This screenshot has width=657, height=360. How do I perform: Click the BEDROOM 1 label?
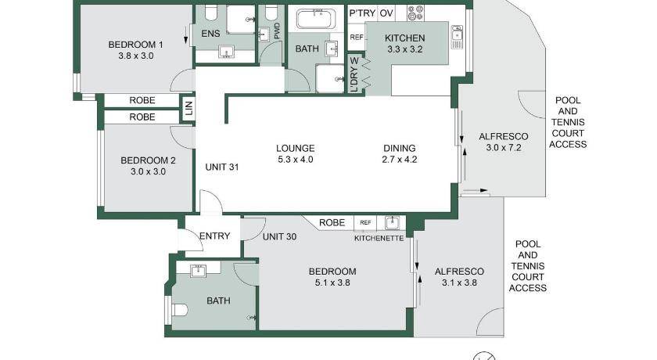point(135,45)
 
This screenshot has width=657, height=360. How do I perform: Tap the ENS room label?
point(210,34)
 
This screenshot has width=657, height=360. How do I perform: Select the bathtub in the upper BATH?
point(315,19)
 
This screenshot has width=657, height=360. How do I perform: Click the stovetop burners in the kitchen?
point(415,13)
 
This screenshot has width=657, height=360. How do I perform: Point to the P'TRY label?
point(362,13)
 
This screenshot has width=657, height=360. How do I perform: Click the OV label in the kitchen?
point(386,13)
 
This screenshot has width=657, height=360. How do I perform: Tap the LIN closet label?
point(189,108)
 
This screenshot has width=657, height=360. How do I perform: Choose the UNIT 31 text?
point(222,167)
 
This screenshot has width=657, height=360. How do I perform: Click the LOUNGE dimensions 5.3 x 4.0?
point(296,159)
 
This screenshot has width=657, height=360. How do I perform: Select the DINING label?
point(400,148)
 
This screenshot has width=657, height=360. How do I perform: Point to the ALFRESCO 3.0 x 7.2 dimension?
point(504,147)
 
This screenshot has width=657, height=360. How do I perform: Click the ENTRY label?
point(215,236)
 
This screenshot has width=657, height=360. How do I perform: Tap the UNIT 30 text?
point(279,236)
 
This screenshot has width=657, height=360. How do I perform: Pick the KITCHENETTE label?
point(379,238)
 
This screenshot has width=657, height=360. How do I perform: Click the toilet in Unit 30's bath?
point(178,310)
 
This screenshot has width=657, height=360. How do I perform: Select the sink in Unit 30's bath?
point(198,271)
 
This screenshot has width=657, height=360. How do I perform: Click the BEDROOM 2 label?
point(148,160)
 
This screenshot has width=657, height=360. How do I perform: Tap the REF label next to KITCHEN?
point(357,38)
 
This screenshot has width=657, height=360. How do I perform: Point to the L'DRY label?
point(354,75)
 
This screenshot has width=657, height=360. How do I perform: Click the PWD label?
point(277,31)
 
